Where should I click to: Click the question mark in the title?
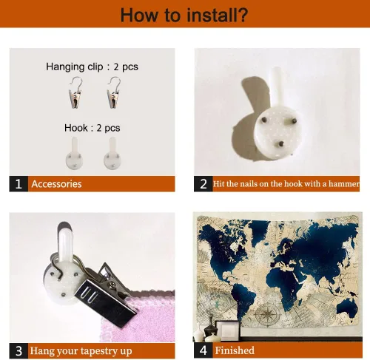coord(242,15)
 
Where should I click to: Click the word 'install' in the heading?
coord(209,15)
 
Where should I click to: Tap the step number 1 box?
coord(18,184)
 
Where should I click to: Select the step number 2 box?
coord(203,184)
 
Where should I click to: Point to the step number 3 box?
coord(18,350)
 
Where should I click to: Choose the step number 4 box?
coord(203,350)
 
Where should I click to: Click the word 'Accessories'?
coord(56,184)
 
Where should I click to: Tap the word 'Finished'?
coord(235,350)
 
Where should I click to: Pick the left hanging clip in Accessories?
coord(75,92)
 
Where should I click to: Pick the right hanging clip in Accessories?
coord(113,92)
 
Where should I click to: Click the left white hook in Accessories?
coord(74,154)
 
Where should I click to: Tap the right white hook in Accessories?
coord(112,154)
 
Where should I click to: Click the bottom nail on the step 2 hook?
coord(280,143)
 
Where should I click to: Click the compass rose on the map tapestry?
coord(268,313)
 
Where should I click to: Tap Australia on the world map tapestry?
coord(347,307)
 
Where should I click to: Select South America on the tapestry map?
coord(243,302)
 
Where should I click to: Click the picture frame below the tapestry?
coord(227,330)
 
